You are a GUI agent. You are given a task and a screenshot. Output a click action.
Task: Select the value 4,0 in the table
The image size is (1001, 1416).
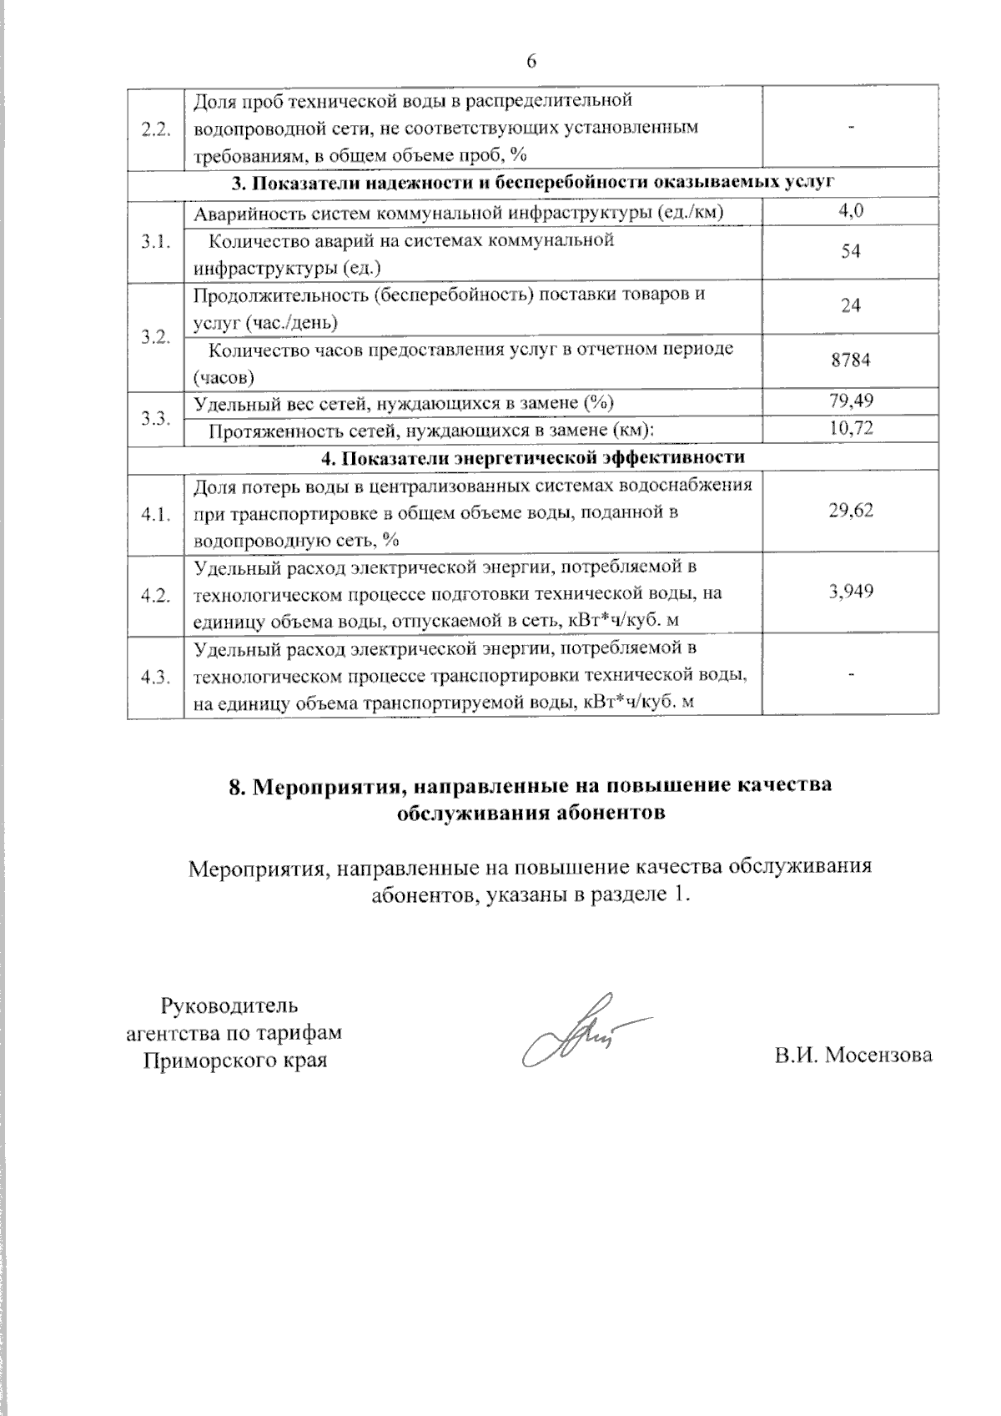(851, 212)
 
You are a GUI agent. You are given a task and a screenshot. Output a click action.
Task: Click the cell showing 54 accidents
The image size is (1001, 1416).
(851, 252)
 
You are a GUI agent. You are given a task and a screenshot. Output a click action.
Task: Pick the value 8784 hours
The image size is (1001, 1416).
(851, 360)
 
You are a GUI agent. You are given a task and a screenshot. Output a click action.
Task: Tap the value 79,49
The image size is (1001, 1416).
(851, 402)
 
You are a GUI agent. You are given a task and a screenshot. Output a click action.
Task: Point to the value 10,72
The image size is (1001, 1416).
(851, 430)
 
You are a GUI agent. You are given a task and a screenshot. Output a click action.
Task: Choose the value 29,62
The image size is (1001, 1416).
(851, 511)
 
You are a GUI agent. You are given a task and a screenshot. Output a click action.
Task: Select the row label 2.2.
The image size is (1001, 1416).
(156, 128)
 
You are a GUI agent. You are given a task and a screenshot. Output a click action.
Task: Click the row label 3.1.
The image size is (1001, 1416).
(156, 241)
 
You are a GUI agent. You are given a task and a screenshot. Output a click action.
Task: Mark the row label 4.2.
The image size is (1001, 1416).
(156, 595)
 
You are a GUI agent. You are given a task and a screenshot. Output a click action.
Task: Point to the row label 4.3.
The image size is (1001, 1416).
(156, 677)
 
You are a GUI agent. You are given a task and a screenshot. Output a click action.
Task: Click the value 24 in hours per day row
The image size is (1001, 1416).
(851, 306)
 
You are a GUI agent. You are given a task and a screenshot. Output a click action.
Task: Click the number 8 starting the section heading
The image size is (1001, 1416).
(236, 786)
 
